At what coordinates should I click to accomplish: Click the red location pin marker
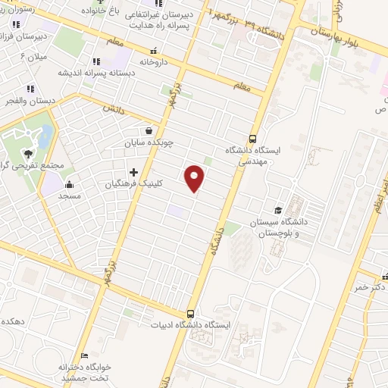tap(196, 180)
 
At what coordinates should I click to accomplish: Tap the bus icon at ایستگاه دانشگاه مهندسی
tap(252, 139)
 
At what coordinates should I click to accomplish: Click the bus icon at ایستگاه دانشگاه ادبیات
tap(189, 314)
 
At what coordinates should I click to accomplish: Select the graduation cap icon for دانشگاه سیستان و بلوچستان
tap(278, 210)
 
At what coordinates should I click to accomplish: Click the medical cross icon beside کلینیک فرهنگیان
tap(134, 172)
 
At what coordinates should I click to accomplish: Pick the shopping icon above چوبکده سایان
tap(158, 130)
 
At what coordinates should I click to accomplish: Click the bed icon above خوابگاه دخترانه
tap(85, 355)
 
